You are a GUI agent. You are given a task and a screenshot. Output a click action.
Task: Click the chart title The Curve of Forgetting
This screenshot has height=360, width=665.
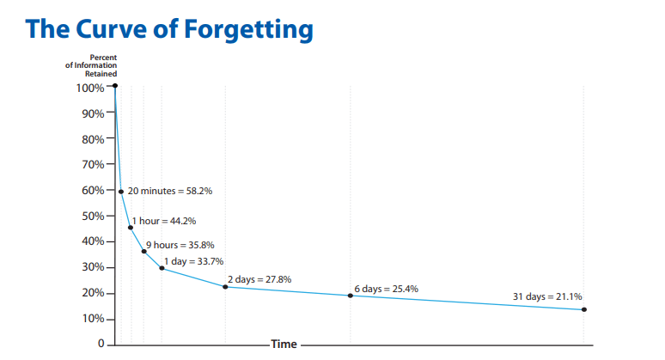pyautogui.click(x=169, y=27)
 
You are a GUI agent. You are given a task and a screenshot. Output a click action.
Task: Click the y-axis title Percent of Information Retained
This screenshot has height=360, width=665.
pyautogui.click(x=93, y=65)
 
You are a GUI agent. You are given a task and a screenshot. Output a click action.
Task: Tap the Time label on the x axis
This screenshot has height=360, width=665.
pyautogui.click(x=284, y=345)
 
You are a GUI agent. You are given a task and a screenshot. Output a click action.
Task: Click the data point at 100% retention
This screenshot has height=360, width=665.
pyautogui.click(x=114, y=86)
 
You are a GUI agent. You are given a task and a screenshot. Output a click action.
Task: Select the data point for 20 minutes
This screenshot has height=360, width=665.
pyautogui.click(x=121, y=192)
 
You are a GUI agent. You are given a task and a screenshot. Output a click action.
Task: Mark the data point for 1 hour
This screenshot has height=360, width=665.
pyautogui.click(x=131, y=228)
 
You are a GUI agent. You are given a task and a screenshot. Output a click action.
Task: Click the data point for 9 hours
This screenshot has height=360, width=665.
pyautogui.click(x=143, y=251)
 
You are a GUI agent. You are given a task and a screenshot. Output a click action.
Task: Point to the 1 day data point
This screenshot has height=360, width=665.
pyautogui.click(x=162, y=268)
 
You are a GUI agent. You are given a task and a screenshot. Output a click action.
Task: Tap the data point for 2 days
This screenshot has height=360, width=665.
pyautogui.click(x=225, y=286)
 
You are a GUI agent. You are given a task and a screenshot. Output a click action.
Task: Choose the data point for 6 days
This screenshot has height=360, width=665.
pyautogui.click(x=351, y=296)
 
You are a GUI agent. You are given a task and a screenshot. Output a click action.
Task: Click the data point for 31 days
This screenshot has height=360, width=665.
pyautogui.click(x=584, y=309)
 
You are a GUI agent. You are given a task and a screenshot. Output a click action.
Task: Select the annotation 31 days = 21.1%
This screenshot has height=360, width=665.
pyautogui.click(x=546, y=296)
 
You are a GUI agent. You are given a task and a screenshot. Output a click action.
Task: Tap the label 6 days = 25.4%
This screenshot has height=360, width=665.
pyautogui.click(x=386, y=289)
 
